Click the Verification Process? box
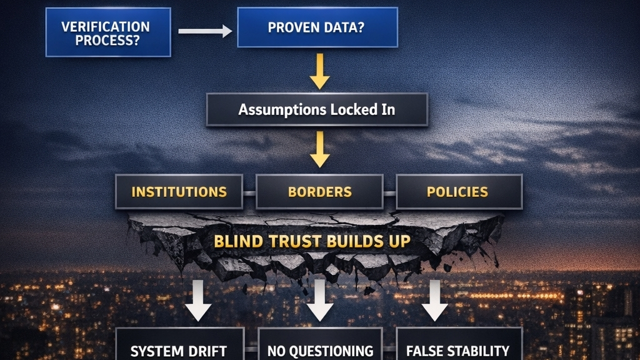click(x=108, y=32)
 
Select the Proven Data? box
click(x=317, y=27)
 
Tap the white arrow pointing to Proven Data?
click(x=204, y=31)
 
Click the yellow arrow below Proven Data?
click(x=319, y=71)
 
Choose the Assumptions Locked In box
click(x=317, y=110)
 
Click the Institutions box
click(x=179, y=191)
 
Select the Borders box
click(x=319, y=191)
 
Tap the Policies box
click(x=457, y=191)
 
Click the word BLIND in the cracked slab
click(x=236, y=241)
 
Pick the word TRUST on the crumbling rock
click(x=289, y=241)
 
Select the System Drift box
click(x=179, y=346)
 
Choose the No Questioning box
click(x=319, y=346)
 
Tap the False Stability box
click(x=459, y=346)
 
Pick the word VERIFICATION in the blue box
click(x=106, y=27)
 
